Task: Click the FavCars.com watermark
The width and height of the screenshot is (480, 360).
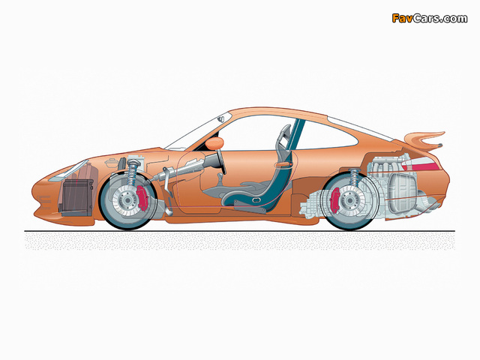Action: [430, 18]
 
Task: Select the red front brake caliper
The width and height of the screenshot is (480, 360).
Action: [142, 198]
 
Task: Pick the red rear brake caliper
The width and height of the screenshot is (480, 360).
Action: [335, 200]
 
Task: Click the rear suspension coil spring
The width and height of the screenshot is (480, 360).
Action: [355, 178]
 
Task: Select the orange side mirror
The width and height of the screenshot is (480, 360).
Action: [214, 143]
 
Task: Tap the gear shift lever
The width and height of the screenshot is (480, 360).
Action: [220, 179]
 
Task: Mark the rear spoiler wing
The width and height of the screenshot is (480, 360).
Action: [424, 140]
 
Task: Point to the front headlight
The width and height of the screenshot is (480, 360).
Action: [69, 171]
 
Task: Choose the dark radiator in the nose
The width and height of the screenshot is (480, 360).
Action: [76, 197]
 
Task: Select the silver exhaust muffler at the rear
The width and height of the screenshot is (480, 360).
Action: [402, 193]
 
